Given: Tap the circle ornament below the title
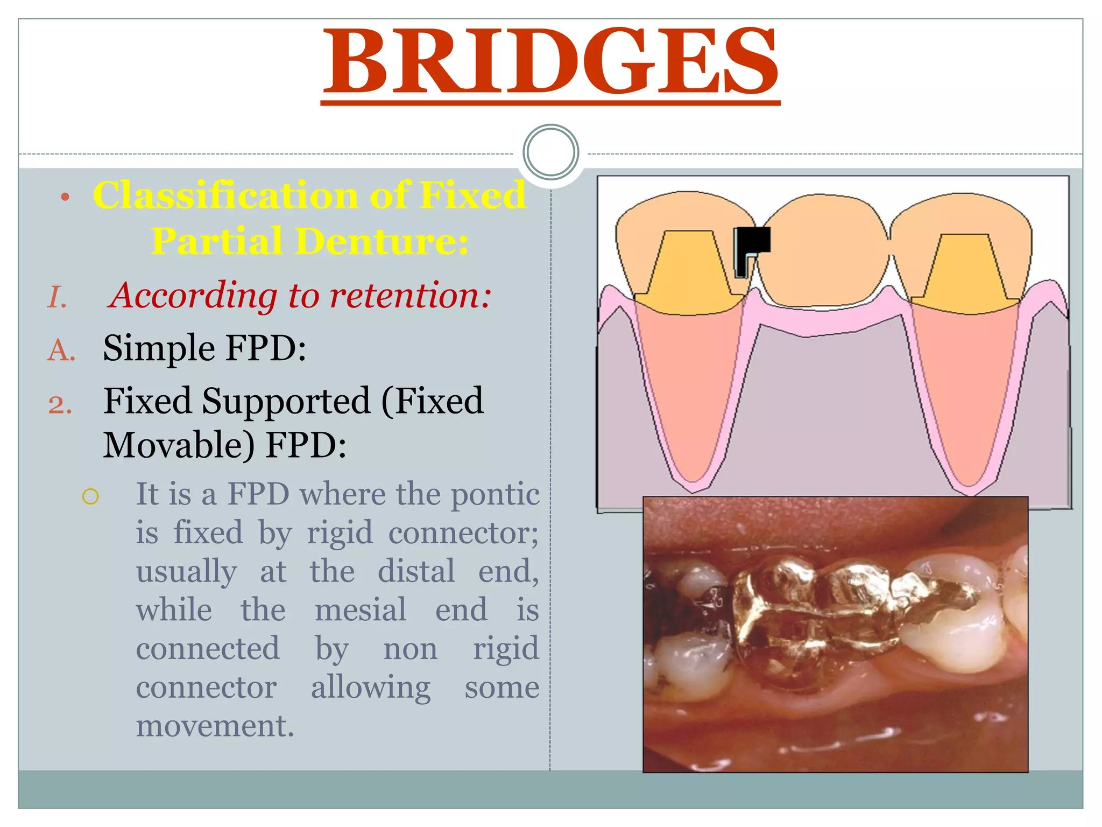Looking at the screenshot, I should (550, 152).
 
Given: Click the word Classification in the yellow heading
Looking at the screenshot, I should (225, 195).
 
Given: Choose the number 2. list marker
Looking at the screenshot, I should (60, 404).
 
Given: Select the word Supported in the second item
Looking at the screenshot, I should (286, 402).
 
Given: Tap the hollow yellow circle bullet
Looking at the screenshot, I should (90, 496).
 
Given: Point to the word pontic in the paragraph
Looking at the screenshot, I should (495, 494).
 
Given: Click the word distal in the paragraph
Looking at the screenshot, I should (416, 571).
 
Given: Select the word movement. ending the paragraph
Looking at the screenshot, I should (215, 726).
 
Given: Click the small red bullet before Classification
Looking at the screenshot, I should (65, 197).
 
